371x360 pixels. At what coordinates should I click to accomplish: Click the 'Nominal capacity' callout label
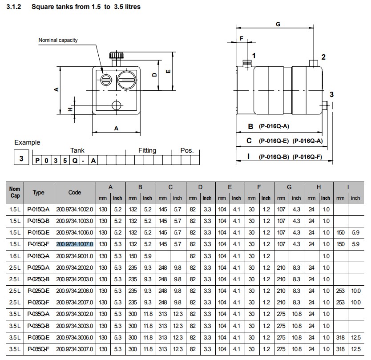pyautogui.click(x=58, y=40)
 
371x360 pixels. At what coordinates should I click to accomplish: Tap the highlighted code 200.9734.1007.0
pyautogui.click(x=74, y=244)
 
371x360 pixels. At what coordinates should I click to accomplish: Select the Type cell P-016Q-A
pyautogui.click(x=38, y=256)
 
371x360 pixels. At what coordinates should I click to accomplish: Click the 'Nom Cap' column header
pyautogui.click(x=15, y=192)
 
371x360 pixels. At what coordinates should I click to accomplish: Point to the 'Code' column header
pyautogui.click(x=75, y=192)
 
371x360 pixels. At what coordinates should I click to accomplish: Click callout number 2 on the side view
pyautogui.click(x=323, y=57)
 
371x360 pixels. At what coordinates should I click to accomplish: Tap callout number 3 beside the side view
pyautogui.click(x=331, y=94)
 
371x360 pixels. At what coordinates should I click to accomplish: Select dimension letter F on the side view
pyautogui.click(x=242, y=39)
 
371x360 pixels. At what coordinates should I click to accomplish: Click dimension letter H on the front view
pyautogui.click(x=70, y=109)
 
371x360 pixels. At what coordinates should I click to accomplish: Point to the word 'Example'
pyautogui.click(x=27, y=142)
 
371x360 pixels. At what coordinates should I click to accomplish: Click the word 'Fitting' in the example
pyautogui.click(x=147, y=150)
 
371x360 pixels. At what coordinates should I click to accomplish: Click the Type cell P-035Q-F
pyautogui.click(x=38, y=349)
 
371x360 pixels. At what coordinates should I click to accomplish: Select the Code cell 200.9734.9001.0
pyautogui.click(x=74, y=256)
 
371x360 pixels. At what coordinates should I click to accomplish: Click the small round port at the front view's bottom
pyautogui.click(x=117, y=105)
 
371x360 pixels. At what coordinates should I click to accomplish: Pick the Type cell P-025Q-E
pyautogui.click(x=38, y=291)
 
